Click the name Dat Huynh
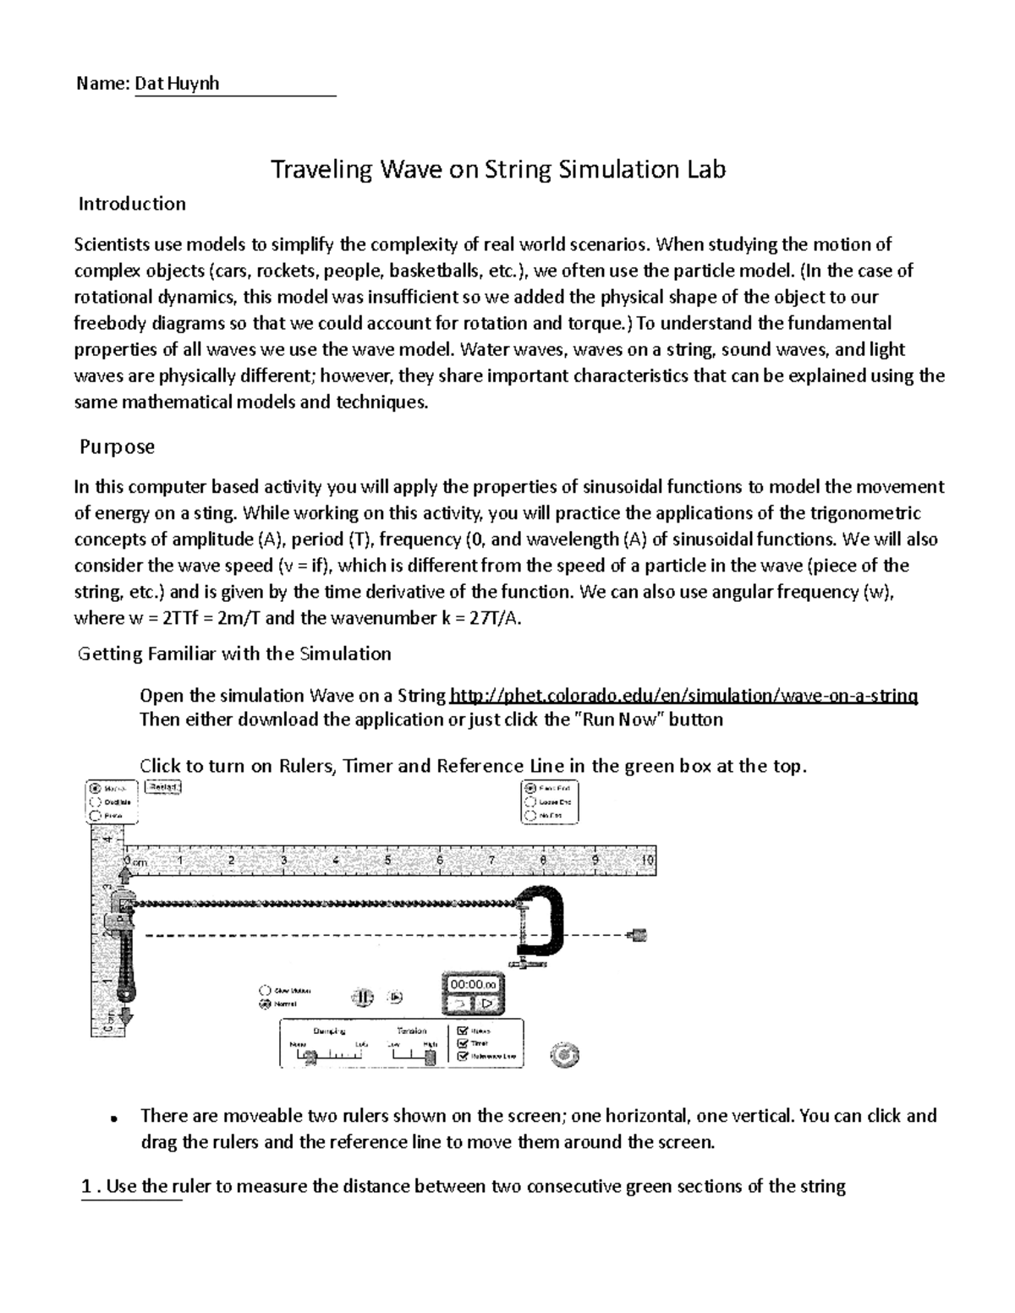(177, 84)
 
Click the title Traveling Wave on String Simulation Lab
(497, 170)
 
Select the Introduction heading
(132, 204)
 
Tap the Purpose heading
(117, 446)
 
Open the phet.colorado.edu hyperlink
(683, 696)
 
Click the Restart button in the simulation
(162, 787)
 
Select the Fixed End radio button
(530, 787)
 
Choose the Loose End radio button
(530, 801)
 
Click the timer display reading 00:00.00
(473, 984)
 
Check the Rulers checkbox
(462, 1031)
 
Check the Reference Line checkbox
(462, 1056)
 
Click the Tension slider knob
(430, 1055)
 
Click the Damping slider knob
(310, 1055)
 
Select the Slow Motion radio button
(266, 990)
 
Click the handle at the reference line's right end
(639, 935)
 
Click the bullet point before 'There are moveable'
(112, 1119)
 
